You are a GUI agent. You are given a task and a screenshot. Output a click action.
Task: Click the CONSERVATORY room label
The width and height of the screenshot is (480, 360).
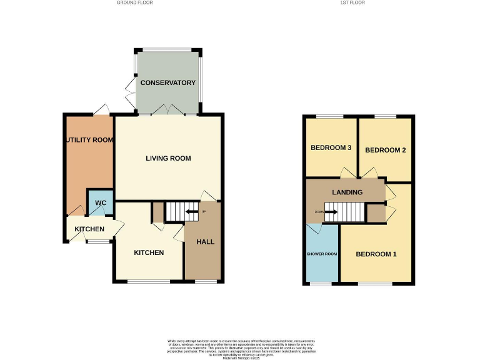[x=167, y=82]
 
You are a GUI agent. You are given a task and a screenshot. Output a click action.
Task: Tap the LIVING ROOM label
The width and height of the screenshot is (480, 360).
[x=168, y=158]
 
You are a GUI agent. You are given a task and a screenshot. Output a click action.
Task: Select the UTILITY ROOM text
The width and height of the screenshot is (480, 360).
[x=89, y=140]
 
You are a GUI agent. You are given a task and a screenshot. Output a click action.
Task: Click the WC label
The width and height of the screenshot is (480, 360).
[x=101, y=203]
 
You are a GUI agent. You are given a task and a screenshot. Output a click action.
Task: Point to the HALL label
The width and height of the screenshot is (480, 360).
[x=206, y=242]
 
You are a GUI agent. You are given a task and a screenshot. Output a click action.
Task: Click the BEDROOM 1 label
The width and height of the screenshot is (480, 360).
[x=376, y=254]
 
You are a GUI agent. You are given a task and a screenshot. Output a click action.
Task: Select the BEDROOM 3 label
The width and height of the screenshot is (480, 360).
[x=331, y=148]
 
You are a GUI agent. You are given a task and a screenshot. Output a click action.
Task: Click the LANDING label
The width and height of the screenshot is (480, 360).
[x=347, y=192]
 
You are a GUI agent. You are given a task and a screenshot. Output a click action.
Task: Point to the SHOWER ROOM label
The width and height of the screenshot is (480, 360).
[x=322, y=254]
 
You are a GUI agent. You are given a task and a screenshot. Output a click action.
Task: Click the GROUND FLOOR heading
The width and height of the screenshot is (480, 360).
[x=134, y=2]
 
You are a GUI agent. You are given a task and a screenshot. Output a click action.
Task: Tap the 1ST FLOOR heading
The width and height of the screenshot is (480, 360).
[x=352, y=2]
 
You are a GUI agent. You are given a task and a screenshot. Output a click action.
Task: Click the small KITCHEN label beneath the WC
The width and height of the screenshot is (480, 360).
[x=89, y=229]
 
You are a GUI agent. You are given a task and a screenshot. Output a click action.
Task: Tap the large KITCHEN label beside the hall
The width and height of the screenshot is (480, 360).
[x=149, y=252]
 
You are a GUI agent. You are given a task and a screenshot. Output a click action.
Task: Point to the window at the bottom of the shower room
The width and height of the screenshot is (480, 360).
[x=322, y=284]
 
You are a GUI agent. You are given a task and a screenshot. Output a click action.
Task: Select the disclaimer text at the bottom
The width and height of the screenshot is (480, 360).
[x=239, y=347]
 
